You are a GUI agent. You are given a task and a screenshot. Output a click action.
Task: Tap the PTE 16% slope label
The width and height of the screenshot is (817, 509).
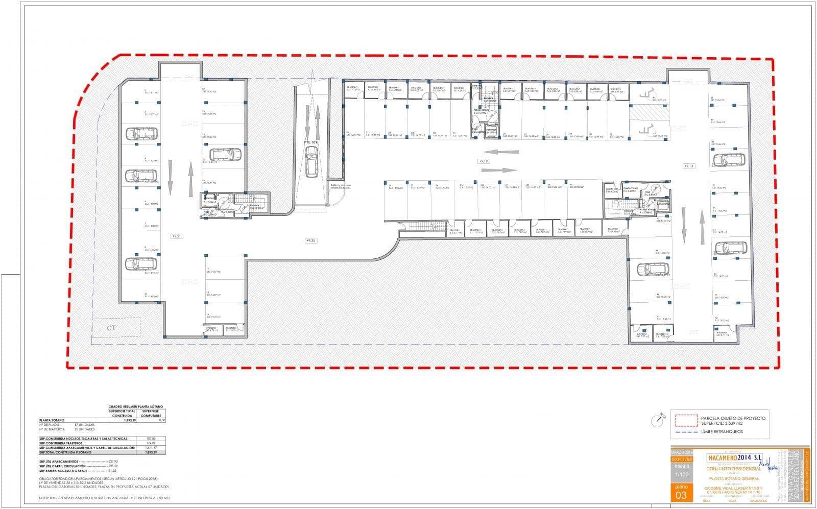point(311,142)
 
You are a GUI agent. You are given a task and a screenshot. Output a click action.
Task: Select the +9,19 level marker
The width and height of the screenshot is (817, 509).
point(483,161)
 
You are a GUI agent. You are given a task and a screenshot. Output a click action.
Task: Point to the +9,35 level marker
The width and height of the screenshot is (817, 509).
point(310,240)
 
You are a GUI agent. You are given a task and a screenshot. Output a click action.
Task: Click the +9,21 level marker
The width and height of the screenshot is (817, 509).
point(176,236)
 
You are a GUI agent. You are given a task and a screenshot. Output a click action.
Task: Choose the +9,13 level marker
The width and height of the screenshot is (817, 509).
point(689,166)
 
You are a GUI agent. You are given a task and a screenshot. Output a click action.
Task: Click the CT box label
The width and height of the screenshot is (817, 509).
point(111,328)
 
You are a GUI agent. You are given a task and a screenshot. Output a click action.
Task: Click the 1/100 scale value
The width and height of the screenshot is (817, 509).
point(681,474)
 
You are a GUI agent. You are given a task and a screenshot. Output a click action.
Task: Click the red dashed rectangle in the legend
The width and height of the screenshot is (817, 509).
point(686,420)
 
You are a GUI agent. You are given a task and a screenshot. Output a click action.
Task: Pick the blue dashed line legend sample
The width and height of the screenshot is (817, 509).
point(686,432)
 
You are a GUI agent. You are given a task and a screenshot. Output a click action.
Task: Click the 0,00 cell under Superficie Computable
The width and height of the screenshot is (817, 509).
point(162,421)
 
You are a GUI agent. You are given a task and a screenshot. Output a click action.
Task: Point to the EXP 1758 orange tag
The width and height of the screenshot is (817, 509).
point(681,459)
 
